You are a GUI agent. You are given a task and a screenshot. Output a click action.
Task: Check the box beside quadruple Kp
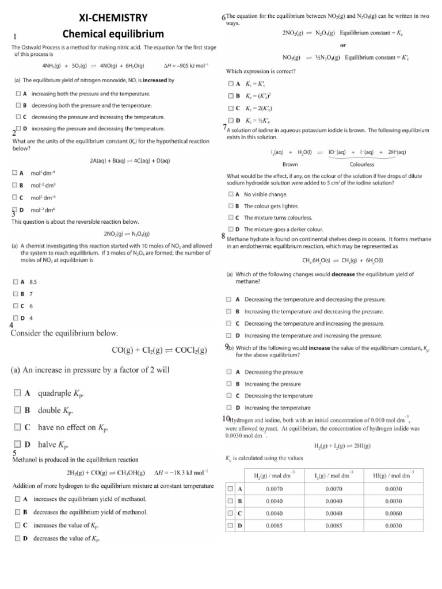(x=17, y=393)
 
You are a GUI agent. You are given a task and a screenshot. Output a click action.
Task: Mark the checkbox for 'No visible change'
(x=231, y=194)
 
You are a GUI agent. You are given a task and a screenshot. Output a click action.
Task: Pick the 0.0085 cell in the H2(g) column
(x=274, y=525)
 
